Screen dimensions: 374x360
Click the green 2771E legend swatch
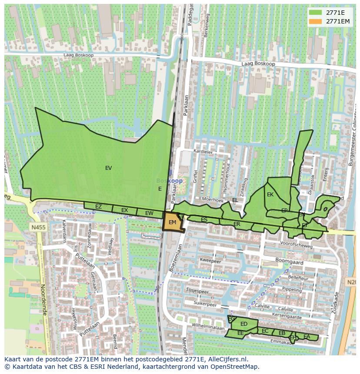[x=315, y=12]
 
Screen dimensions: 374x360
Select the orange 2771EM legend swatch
[x=315, y=21]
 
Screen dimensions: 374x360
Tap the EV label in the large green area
[x=108, y=168]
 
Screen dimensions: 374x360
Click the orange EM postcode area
[x=172, y=222]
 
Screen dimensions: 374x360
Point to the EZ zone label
[x=98, y=207]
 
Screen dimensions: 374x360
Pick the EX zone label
[x=124, y=210]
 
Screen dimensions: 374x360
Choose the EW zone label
[x=149, y=213]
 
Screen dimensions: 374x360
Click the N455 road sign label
[x=38, y=227]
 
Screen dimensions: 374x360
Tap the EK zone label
[x=270, y=195]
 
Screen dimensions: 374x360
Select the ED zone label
[x=244, y=324]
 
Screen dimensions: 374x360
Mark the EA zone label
[x=307, y=337]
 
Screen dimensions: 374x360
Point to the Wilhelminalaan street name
[x=204, y=325]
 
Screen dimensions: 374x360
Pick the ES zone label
[x=204, y=220]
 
